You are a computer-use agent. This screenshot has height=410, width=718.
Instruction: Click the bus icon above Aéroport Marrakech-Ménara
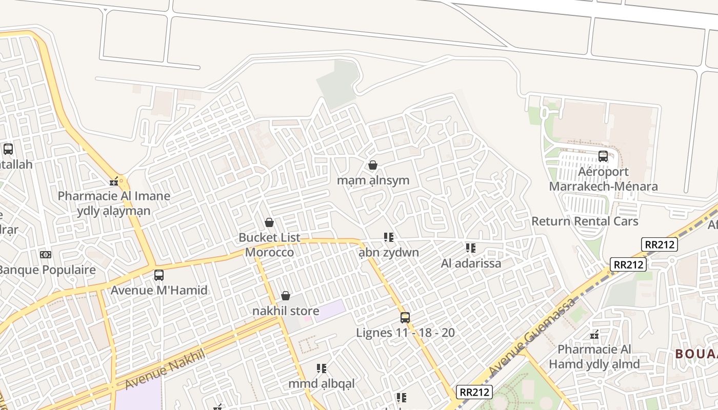[603, 156]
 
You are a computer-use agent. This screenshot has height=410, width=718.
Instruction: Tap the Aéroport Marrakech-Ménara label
[603, 179]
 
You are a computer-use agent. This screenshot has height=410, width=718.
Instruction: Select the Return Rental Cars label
[585, 221]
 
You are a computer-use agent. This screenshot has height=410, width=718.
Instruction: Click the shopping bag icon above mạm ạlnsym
[373, 165]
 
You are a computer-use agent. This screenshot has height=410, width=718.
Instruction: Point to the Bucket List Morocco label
[269, 245]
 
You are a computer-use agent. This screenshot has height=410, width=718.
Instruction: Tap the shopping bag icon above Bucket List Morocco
[269, 222]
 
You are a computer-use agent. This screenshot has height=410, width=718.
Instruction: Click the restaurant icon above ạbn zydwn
[389, 237]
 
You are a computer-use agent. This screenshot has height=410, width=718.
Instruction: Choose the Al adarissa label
[471, 263]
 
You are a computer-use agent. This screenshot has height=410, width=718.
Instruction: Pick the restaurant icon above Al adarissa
[471, 249]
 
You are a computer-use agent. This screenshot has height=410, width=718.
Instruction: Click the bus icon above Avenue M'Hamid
[159, 275]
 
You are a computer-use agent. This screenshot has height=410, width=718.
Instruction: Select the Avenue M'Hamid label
[159, 290]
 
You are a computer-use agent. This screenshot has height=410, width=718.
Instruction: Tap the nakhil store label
[286, 311]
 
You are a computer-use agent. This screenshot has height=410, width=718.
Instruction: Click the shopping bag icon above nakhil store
[286, 296]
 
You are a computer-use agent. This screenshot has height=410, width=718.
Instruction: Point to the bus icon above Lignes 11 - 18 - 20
[405, 318]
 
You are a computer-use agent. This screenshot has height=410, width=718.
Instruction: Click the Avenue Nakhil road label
[165, 369]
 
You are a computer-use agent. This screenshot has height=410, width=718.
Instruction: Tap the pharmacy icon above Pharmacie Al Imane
[114, 181]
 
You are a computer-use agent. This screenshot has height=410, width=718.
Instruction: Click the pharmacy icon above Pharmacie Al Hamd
[594, 335]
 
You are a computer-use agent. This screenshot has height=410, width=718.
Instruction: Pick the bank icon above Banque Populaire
[46, 255]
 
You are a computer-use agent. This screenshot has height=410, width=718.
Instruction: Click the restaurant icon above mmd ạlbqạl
[322, 368]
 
